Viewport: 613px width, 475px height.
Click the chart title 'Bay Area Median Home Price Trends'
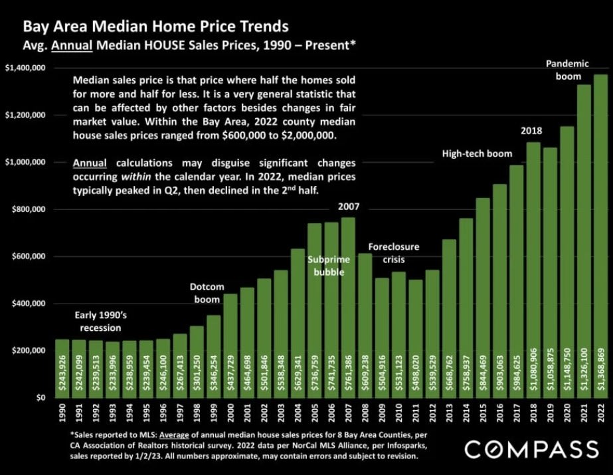pyautogui.click(x=155, y=27)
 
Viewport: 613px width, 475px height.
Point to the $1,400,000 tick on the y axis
pyautogui.click(x=25, y=68)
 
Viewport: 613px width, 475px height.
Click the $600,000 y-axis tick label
pyautogui.click(x=27, y=256)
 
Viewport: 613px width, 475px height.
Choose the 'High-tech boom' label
pyautogui.click(x=477, y=154)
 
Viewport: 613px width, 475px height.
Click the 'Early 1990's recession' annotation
pyautogui.click(x=97, y=322)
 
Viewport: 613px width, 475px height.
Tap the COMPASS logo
pyautogui.click(x=531, y=450)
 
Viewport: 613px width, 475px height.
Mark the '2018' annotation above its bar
pyautogui.click(x=531, y=130)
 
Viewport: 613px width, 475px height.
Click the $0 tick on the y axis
pyautogui.click(x=36, y=397)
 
